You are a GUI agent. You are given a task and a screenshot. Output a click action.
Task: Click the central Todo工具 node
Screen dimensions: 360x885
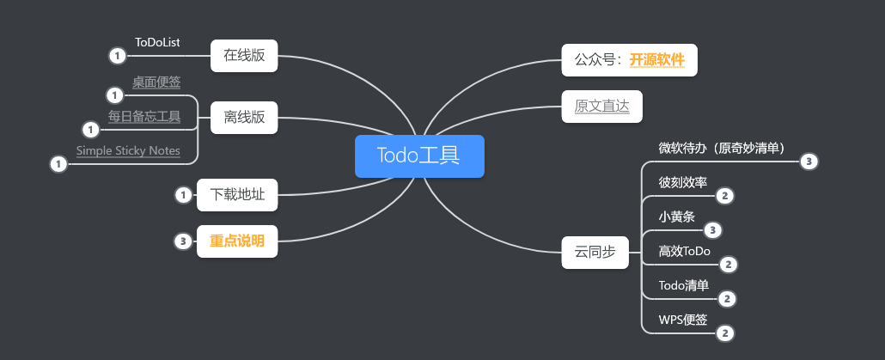coord(419,156)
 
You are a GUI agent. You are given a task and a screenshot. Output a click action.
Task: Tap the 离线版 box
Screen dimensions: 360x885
coord(244,118)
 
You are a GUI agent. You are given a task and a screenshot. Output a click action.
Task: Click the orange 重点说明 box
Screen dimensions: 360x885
coord(237,241)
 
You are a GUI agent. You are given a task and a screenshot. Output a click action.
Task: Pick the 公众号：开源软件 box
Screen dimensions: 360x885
coord(629,60)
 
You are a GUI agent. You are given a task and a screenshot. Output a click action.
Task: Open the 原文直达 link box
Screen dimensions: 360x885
coord(601,107)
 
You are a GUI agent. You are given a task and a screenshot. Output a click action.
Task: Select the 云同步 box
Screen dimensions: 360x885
coord(595,253)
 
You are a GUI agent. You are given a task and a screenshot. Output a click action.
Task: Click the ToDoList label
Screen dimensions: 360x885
coord(157,42)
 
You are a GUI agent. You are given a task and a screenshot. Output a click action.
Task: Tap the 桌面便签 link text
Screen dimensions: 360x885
coord(156,82)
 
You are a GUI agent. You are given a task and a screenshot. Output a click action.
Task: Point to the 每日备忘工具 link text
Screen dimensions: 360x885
coord(144,116)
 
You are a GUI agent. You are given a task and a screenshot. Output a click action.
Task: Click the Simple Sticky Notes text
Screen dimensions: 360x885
coord(128,150)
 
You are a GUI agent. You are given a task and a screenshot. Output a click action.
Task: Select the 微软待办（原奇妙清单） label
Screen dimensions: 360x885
coord(722,148)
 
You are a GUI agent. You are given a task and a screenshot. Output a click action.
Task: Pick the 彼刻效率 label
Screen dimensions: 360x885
coord(683,182)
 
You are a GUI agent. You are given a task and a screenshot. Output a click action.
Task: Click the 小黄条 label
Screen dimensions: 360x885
coord(676,217)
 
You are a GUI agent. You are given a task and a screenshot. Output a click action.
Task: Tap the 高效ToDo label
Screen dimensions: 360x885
coord(685,251)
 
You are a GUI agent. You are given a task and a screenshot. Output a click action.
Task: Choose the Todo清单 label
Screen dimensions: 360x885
coord(684,285)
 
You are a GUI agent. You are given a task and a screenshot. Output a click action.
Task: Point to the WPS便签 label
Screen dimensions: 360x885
coord(683,320)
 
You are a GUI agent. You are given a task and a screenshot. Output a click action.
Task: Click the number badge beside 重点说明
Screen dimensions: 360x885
coord(182,241)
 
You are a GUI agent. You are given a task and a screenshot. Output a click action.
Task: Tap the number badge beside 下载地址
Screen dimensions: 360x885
coord(182,195)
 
